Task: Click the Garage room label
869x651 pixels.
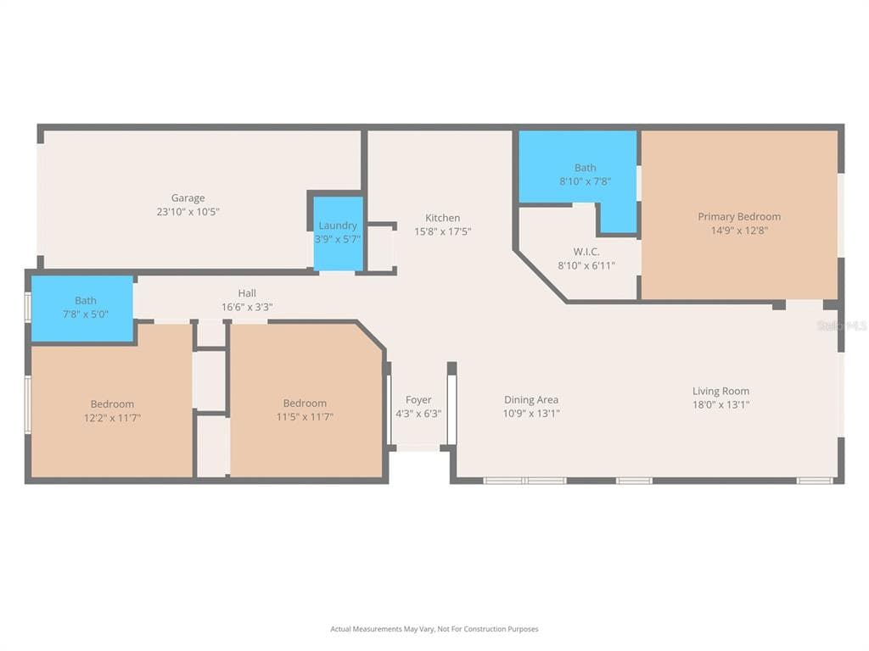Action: click(x=188, y=198)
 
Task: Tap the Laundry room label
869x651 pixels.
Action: click(x=338, y=225)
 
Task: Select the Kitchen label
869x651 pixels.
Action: click(x=442, y=218)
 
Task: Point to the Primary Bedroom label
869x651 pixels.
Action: click(x=739, y=216)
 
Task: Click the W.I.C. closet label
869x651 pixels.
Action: click(x=586, y=251)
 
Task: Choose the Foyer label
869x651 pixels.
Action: click(x=418, y=400)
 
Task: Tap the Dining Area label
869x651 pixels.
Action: click(x=531, y=399)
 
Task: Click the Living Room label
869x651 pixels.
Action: click(x=720, y=391)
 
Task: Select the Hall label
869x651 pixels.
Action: click(x=247, y=292)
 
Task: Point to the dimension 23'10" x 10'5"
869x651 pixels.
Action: click(x=188, y=211)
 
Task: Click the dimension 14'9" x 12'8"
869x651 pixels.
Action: click(x=739, y=231)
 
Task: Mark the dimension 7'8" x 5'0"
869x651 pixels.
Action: click(x=86, y=314)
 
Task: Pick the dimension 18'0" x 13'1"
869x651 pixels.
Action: click(x=720, y=404)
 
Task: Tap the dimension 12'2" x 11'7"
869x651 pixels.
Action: click(x=112, y=417)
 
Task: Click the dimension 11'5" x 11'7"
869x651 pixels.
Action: click(x=305, y=416)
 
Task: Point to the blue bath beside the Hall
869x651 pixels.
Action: click(x=82, y=309)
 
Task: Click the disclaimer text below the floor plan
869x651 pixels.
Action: click(x=434, y=629)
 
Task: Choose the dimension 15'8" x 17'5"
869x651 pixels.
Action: click(x=442, y=231)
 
